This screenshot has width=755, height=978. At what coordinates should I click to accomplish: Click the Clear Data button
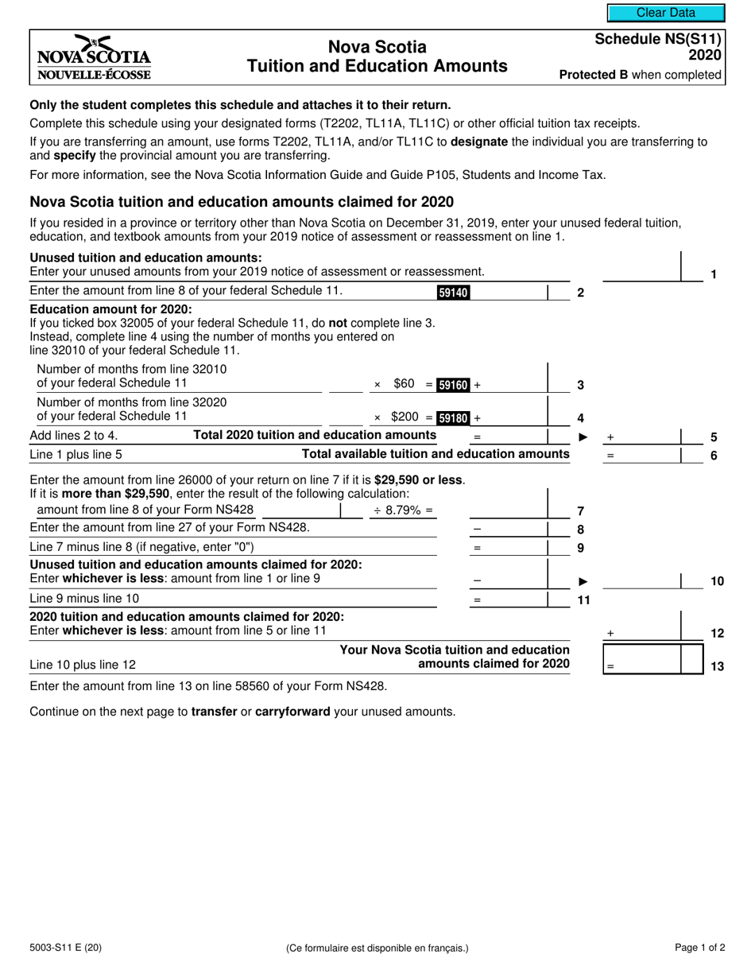pos(665,13)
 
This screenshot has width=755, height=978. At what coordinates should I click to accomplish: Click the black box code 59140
pos(453,293)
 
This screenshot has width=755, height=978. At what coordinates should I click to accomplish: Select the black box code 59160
pos(454,385)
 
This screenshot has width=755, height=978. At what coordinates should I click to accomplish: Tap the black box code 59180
pos(454,417)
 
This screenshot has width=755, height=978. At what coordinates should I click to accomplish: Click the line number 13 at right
pos(716,667)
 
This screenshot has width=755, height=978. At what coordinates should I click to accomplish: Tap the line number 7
pos(580,510)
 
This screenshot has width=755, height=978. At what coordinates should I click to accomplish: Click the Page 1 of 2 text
pos(699,947)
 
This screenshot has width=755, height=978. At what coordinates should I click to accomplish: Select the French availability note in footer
pos(377,948)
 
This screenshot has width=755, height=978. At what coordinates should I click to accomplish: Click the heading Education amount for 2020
pos(110,309)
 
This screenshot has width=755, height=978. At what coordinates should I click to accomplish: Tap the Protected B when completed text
pos(640,75)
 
